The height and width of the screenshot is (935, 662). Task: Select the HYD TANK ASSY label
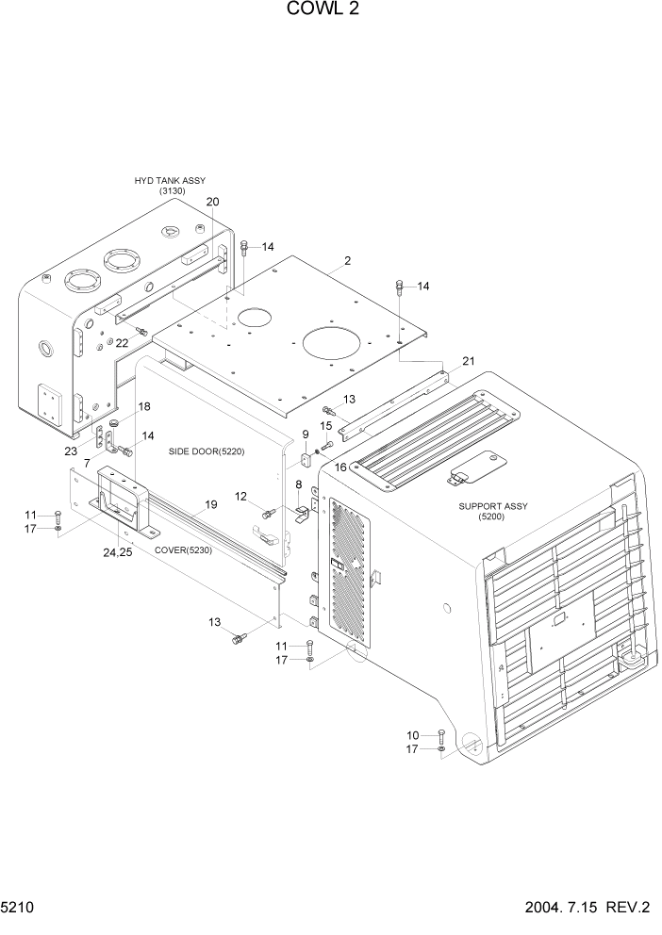pyautogui.click(x=171, y=180)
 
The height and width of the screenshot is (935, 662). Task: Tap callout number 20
pyautogui.click(x=212, y=202)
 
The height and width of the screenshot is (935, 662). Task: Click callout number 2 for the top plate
pyautogui.click(x=347, y=261)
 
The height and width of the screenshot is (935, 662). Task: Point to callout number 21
pyautogui.click(x=469, y=362)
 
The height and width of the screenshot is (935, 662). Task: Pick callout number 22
pyautogui.click(x=122, y=343)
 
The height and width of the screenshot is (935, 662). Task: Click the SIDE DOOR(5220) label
pyautogui.click(x=207, y=451)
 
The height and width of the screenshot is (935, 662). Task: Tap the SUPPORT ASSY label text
pyautogui.click(x=493, y=506)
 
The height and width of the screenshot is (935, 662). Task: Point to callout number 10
pyautogui.click(x=412, y=734)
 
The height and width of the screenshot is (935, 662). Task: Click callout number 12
pyautogui.click(x=241, y=496)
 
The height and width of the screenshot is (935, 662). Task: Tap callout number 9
pyautogui.click(x=306, y=434)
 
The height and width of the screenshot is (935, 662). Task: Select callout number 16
pyautogui.click(x=340, y=467)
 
